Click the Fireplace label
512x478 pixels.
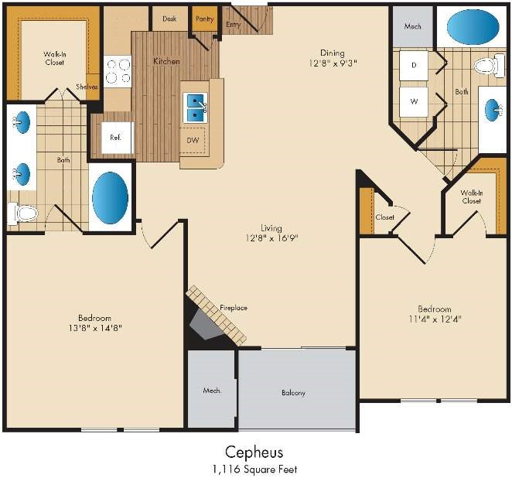(x=234, y=308)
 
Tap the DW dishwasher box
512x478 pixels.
(x=193, y=141)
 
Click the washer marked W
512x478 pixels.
(x=414, y=101)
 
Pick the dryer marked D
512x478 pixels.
(x=414, y=65)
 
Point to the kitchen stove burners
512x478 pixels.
(x=118, y=71)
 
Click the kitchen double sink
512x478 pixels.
(x=195, y=108)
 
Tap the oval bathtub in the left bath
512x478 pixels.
(x=110, y=198)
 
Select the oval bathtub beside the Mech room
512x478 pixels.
(x=473, y=27)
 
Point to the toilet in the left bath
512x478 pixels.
(x=22, y=213)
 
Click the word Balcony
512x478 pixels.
(x=293, y=393)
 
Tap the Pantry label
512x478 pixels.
(x=205, y=19)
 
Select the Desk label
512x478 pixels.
(x=169, y=19)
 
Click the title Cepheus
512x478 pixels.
(x=254, y=452)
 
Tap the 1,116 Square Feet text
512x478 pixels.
(x=254, y=469)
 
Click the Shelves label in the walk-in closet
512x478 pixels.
(x=87, y=87)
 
